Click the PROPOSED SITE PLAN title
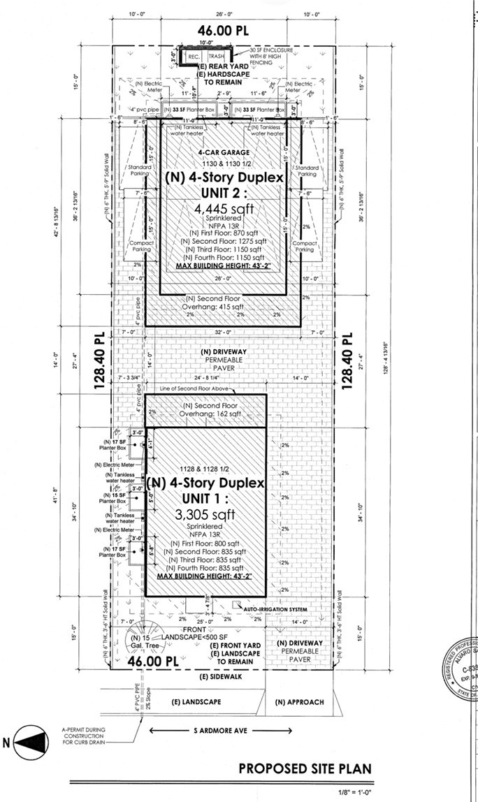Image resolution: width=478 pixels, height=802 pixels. tap(305, 768)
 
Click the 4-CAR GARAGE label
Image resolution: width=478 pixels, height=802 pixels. tap(224, 153)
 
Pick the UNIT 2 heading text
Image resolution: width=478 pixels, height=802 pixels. tap(224, 192)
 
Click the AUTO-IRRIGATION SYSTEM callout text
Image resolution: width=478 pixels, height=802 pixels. tap(275, 609)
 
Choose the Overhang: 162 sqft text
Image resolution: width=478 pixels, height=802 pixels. tap(209, 414)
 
